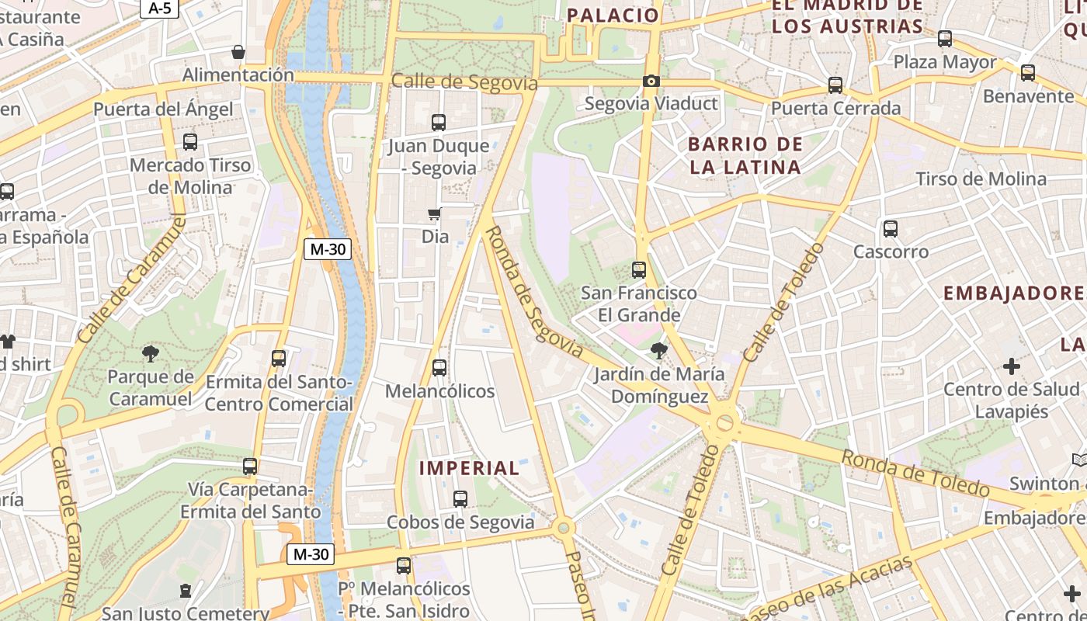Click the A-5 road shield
(x=159, y=8)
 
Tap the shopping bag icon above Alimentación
(x=238, y=53)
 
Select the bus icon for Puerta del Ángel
(x=190, y=142)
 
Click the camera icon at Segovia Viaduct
(x=651, y=82)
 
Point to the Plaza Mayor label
(x=945, y=62)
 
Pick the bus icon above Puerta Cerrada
(x=835, y=85)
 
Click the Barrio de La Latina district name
(x=745, y=155)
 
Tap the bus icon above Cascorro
(x=891, y=229)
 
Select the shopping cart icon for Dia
(x=435, y=214)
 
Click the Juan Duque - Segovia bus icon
(x=439, y=123)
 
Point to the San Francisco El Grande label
(x=639, y=304)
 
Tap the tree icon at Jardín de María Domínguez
(x=659, y=351)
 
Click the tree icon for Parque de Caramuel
(x=151, y=355)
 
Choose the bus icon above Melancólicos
(x=439, y=368)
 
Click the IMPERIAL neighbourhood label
(x=469, y=468)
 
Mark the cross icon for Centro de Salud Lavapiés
(x=1012, y=366)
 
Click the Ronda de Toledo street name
(x=916, y=473)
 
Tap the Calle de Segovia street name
(x=464, y=82)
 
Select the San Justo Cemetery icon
(x=186, y=592)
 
